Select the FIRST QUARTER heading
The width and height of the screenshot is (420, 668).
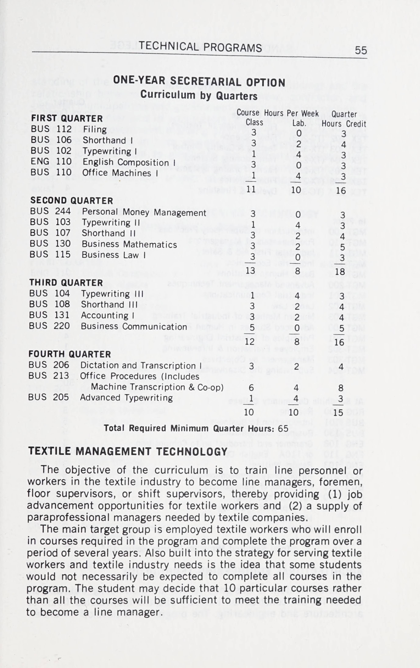pyautogui.click(x=67, y=118)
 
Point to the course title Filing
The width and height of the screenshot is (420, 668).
pyautogui.click(x=95, y=130)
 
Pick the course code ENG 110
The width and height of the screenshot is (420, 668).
pyautogui.click(x=51, y=161)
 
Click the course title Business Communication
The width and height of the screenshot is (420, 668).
pyautogui.click(x=134, y=327)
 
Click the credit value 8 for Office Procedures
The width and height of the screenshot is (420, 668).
pyautogui.click(x=341, y=388)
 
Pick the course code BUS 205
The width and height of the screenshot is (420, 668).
pyautogui.click(x=48, y=397)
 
